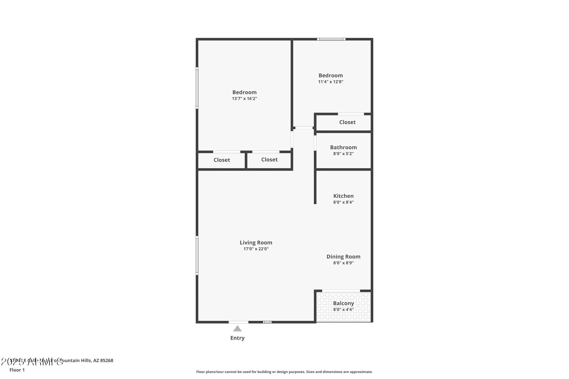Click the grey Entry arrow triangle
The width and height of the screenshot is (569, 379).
click(238, 329)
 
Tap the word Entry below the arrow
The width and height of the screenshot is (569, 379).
click(238, 338)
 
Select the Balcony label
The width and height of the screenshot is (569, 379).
click(343, 303)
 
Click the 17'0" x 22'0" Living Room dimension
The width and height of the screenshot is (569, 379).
click(256, 249)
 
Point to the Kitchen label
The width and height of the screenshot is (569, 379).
click(343, 196)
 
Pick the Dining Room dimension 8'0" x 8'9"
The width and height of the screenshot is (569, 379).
click(343, 263)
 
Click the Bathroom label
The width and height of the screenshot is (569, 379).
click(343, 147)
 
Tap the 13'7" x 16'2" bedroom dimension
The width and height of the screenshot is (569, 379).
click(244, 99)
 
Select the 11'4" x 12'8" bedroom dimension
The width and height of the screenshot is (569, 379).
click(331, 82)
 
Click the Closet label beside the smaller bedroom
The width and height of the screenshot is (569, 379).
click(347, 122)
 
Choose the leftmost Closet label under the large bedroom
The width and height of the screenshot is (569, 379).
click(222, 160)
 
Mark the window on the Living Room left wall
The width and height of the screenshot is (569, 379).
click(197, 255)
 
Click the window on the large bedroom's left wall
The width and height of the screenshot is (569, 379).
click(197, 88)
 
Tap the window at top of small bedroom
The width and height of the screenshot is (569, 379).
click(331, 39)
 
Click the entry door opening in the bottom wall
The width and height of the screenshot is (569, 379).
click(238, 322)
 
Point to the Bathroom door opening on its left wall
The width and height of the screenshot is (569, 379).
click(315, 143)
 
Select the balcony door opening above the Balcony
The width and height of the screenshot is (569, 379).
click(341, 291)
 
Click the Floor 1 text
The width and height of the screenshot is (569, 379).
click(17, 370)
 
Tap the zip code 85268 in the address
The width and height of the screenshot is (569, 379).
click(107, 361)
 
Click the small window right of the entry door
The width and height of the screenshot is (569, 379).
click(267, 322)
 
